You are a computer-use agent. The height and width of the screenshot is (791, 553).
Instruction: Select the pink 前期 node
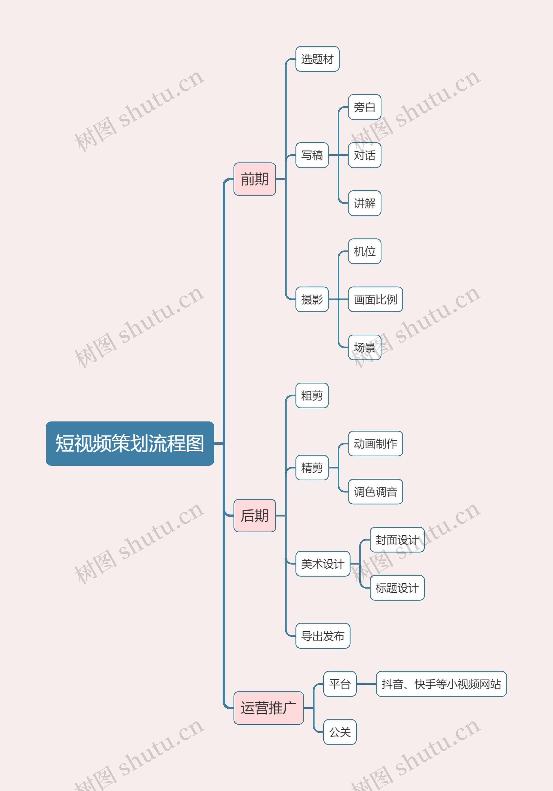pyautogui.click(x=255, y=179)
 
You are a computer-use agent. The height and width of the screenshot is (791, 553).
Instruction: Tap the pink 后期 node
pyautogui.click(x=255, y=515)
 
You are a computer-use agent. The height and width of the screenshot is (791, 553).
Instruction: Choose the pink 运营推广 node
pyautogui.click(x=269, y=708)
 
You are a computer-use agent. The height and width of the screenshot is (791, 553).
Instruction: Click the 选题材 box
pyautogui.click(x=317, y=59)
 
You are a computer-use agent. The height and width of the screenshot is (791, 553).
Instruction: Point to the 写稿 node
pyautogui.click(x=312, y=155)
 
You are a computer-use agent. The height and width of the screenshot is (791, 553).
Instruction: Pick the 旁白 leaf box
pyautogui.click(x=364, y=107)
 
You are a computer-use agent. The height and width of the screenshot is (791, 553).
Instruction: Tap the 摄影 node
pyautogui.click(x=312, y=299)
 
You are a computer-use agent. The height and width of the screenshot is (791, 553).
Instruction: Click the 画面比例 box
pyautogui.click(x=375, y=299)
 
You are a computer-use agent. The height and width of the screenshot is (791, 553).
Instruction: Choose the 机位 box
pyautogui.click(x=364, y=251)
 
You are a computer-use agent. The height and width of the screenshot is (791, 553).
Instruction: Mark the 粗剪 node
pyautogui.click(x=312, y=395)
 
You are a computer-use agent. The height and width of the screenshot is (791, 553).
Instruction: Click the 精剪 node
pyautogui.click(x=312, y=467)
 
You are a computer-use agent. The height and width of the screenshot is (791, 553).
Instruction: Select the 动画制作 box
pyautogui.click(x=375, y=443)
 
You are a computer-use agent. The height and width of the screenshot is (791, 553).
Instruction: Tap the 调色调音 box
pyautogui.click(x=375, y=492)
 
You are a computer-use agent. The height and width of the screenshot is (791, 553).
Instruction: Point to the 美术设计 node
pyautogui.click(x=323, y=564)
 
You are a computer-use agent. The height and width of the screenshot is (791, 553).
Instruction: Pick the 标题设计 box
pyautogui.click(x=397, y=588)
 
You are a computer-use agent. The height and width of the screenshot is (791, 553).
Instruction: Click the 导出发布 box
pyautogui.click(x=323, y=636)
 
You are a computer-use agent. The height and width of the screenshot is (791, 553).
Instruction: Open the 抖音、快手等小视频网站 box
pyautogui.click(x=441, y=684)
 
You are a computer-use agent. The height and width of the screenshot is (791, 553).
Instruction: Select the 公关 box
pyautogui.click(x=340, y=732)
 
